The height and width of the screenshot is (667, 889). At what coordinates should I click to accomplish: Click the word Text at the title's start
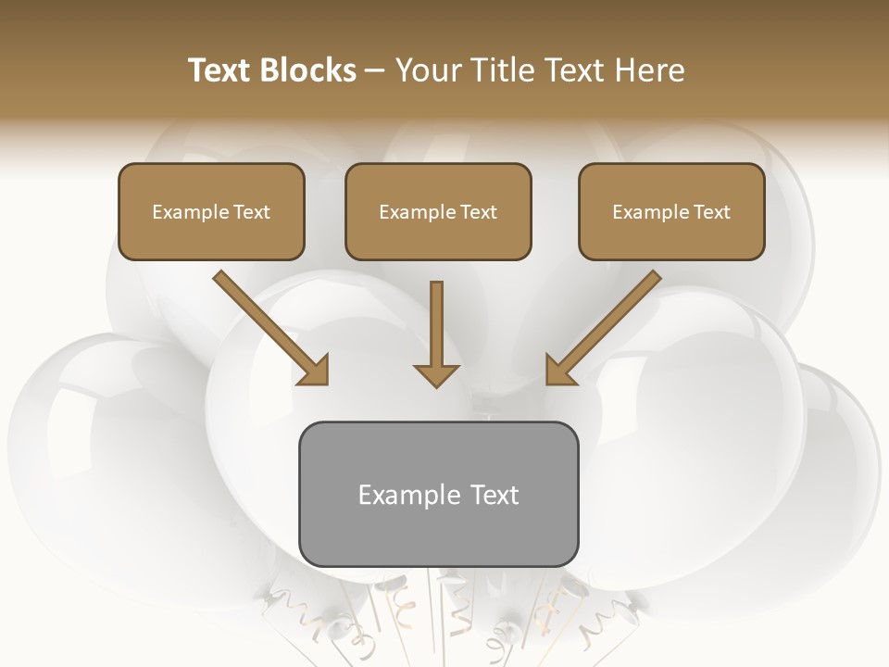[x=220, y=70]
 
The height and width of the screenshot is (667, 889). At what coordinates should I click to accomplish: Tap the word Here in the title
[x=649, y=70]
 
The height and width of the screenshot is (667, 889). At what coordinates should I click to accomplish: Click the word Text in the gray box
[x=495, y=495]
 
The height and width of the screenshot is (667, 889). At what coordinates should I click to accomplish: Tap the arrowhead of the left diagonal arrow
[x=315, y=371]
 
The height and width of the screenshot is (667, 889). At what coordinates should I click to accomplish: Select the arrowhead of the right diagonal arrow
[x=559, y=371]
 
